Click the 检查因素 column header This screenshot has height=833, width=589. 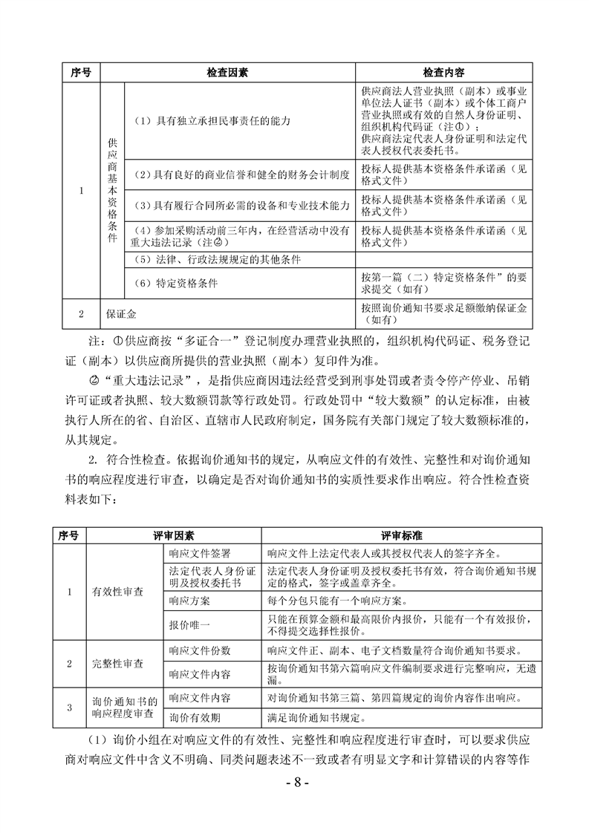pos(227,73)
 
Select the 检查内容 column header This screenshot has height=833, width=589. pos(444,73)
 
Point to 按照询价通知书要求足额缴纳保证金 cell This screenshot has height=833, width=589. pos(444,315)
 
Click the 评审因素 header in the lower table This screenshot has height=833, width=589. pos(174,535)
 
